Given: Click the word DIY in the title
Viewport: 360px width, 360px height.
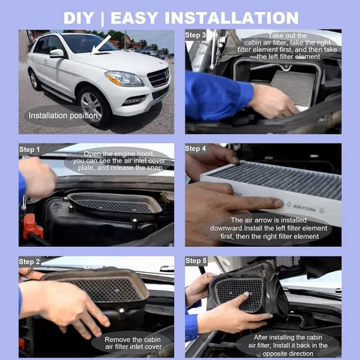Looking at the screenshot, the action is pyautogui.click(x=78, y=18).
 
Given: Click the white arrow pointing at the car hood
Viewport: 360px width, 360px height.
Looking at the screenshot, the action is pyautogui.click(x=101, y=45).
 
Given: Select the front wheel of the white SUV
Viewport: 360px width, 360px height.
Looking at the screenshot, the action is pyautogui.click(x=91, y=105).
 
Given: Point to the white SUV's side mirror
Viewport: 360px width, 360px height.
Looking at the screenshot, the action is pyautogui.click(x=57, y=53).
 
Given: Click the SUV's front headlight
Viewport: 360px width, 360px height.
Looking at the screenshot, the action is pyautogui.click(x=124, y=78).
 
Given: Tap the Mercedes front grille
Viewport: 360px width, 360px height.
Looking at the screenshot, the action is pyautogui.click(x=158, y=77).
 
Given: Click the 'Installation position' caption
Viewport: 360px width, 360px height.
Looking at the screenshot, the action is pyautogui.click(x=63, y=116).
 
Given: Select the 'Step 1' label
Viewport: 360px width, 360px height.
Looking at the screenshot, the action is pyautogui.click(x=30, y=150).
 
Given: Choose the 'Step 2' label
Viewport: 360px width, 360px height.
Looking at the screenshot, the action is pyautogui.click(x=30, y=261).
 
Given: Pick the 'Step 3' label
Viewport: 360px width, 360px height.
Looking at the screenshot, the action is pyautogui.click(x=195, y=35).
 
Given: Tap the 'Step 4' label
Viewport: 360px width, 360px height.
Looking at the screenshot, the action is pyautogui.click(x=195, y=148).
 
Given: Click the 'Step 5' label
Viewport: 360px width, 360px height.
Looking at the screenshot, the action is pyautogui.click(x=196, y=261).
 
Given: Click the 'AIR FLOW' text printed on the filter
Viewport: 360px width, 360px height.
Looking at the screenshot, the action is pyautogui.click(x=305, y=208).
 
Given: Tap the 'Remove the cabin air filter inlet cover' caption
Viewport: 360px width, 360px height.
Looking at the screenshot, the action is pyautogui.click(x=133, y=343).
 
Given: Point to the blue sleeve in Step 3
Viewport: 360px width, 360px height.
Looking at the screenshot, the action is pyautogui.click(x=217, y=96).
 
